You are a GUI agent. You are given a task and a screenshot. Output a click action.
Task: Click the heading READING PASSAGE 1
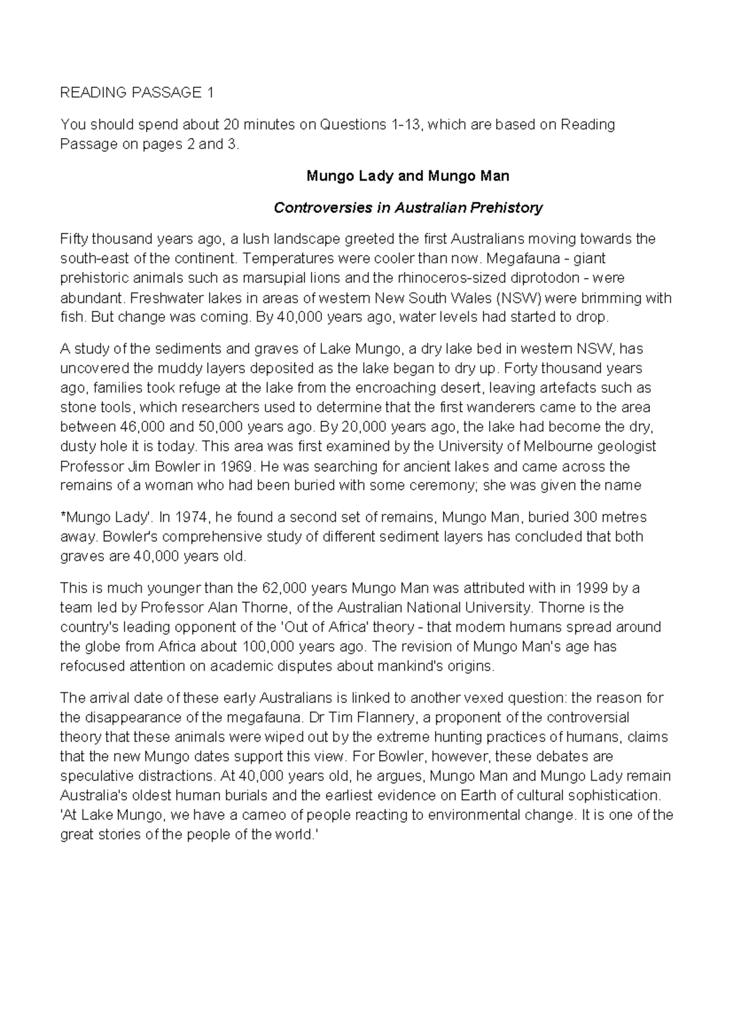point(137,93)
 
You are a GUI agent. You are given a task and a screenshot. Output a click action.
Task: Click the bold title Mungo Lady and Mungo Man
point(407,177)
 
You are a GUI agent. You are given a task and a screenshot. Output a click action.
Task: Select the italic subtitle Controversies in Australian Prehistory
point(407,208)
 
